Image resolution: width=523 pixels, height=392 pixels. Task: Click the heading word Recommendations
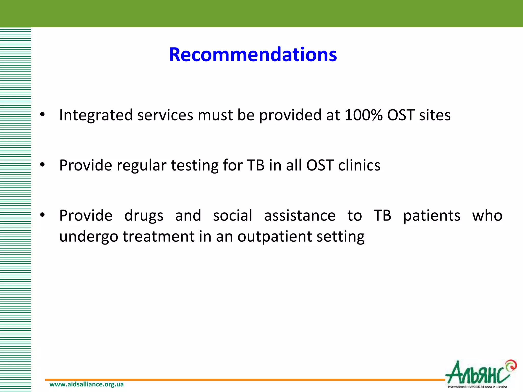coord(253,55)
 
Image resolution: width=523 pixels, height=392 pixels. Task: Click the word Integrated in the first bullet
coord(96,115)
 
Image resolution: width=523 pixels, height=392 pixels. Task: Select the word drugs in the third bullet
coord(144,216)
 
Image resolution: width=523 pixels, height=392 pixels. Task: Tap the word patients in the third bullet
coord(432,216)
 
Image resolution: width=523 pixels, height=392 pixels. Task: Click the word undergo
coord(89,237)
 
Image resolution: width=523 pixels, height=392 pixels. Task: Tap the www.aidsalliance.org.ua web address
coord(86,384)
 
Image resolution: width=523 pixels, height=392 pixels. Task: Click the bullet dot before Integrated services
coord(42,115)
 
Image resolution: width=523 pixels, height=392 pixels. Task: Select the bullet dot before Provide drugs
coord(42,215)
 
